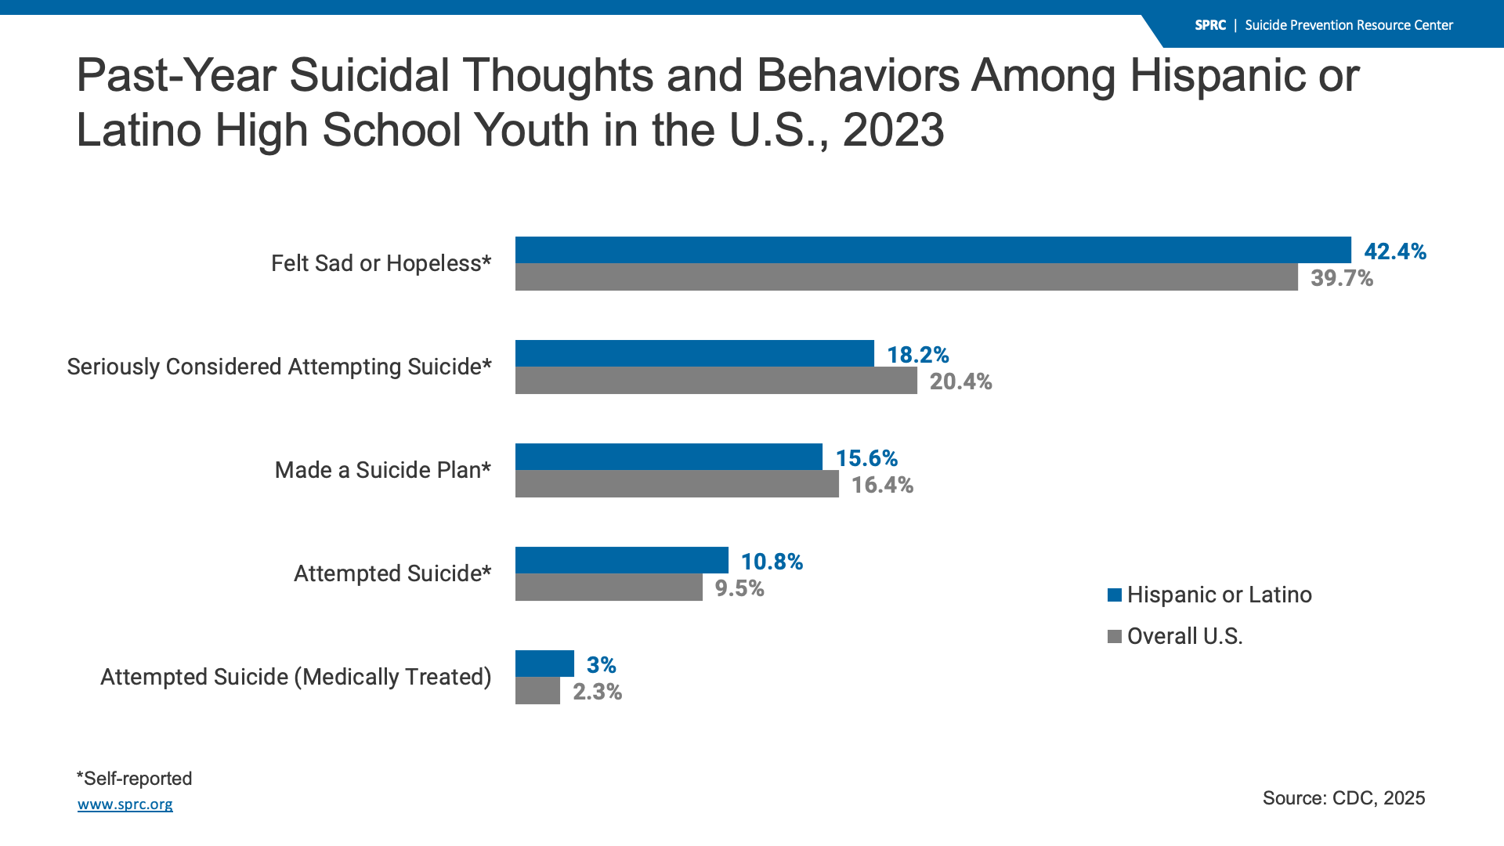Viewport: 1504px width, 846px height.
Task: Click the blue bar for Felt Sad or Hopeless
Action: (x=932, y=250)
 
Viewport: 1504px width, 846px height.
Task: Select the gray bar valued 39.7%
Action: (x=906, y=277)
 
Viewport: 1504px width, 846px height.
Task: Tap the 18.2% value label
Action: (x=917, y=355)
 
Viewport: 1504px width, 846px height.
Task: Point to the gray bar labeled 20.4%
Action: (x=716, y=381)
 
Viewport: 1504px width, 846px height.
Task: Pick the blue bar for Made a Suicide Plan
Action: (x=669, y=457)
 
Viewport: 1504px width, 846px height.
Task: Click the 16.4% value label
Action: (x=882, y=485)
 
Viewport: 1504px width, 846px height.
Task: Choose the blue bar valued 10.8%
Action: (x=622, y=560)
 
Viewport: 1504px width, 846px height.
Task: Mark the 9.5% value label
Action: (x=739, y=588)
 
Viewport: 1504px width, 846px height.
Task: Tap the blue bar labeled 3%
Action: (x=544, y=663)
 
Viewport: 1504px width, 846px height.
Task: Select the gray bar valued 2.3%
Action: (x=537, y=691)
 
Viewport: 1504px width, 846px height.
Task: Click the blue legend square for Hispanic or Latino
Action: (x=1115, y=595)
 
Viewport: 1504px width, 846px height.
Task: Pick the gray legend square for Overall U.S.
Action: (x=1115, y=637)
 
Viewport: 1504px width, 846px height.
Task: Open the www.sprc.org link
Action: (x=125, y=804)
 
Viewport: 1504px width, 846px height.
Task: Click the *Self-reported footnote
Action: (x=134, y=779)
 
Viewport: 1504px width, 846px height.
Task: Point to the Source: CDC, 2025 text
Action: (x=1343, y=798)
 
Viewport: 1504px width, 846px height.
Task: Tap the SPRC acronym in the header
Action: (x=1210, y=25)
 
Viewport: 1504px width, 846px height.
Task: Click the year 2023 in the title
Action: (x=893, y=130)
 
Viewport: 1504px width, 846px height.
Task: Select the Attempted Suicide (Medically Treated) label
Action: (x=295, y=677)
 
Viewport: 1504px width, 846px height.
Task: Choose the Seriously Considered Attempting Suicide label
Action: (x=279, y=367)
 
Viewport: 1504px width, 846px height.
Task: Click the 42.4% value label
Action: (x=1395, y=251)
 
